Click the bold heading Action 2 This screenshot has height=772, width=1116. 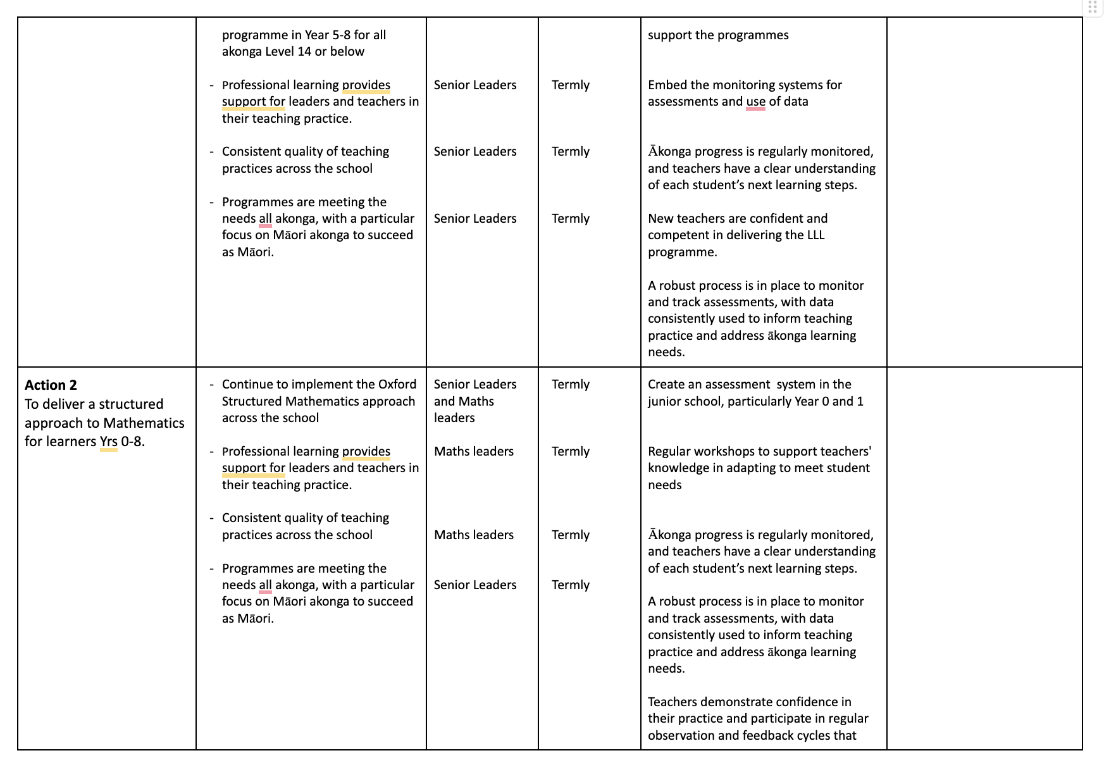tap(51, 385)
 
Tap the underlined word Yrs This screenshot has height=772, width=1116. tap(109, 442)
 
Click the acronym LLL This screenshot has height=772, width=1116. tap(815, 235)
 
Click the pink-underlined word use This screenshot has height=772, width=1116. tap(755, 102)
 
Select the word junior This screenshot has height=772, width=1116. tap(667, 402)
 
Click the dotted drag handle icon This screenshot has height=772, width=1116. tap(1093, 8)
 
